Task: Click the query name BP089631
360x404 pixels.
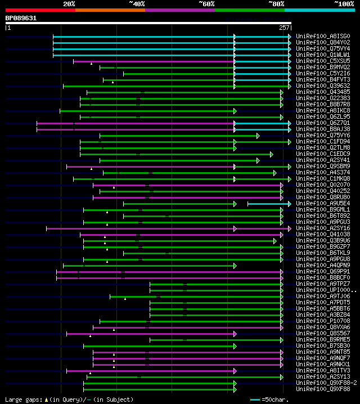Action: point(21,18)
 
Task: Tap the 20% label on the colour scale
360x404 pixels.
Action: point(69,3)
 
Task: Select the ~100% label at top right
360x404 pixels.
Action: point(343,3)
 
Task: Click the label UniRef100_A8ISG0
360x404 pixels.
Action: point(322,36)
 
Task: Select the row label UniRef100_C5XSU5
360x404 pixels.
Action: point(322,61)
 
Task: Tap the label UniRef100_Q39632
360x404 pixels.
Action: point(322,86)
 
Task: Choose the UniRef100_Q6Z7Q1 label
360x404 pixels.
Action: point(322,123)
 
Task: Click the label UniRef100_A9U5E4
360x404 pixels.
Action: point(322,203)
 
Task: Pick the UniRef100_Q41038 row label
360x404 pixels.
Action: point(322,234)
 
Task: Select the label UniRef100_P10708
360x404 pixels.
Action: point(322,321)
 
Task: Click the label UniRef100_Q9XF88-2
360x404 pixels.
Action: point(326,383)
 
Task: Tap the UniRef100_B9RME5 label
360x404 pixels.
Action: point(322,339)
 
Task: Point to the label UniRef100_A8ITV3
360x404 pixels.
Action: point(322,370)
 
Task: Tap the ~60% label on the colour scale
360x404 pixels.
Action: point(206,3)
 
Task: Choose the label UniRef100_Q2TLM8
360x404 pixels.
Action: point(322,147)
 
